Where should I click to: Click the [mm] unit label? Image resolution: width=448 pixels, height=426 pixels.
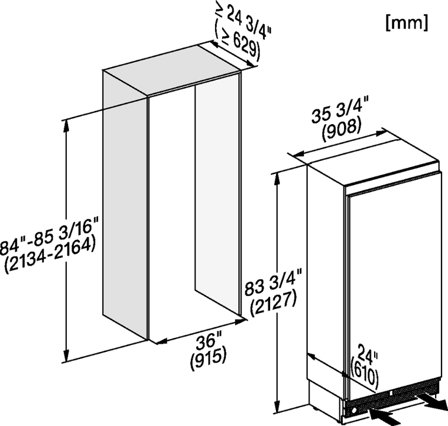pyautogui.click(x=407, y=22)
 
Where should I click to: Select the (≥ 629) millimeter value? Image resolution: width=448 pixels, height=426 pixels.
pyautogui.click(x=237, y=43)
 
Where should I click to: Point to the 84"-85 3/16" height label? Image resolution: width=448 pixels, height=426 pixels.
pyautogui.click(x=48, y=235)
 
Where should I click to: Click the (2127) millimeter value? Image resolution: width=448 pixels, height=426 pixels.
pyautogui.click(x=273, y=304)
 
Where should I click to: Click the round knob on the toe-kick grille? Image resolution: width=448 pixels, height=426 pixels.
pyautogui.click(x=353, y=411)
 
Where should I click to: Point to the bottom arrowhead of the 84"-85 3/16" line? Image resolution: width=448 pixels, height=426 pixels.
pyautogui.click(x=67, y=355)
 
